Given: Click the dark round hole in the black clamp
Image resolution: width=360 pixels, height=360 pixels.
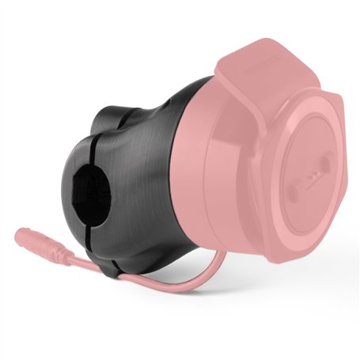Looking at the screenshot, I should [93, 191].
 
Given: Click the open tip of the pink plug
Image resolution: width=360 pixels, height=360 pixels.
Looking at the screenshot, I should [17, 233].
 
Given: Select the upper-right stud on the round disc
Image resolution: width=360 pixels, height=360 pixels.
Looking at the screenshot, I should [324, 165].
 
